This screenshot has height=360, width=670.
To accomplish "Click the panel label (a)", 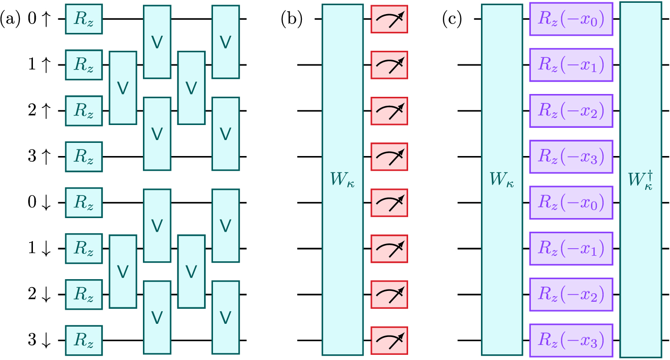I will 10,19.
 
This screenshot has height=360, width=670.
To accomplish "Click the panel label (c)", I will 452,19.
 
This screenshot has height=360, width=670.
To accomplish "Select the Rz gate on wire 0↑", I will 84,19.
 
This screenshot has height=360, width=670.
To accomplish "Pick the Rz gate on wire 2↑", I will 84,111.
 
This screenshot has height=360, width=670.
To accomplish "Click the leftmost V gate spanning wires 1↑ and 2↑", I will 123,88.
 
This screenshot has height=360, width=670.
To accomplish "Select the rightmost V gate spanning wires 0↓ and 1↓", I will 226,226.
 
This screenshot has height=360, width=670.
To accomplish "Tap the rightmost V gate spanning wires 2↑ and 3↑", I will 226,134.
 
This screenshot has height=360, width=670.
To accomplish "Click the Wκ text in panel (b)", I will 342,180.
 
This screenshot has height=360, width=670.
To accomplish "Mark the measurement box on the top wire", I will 389,19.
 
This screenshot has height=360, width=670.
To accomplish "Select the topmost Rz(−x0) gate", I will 571,19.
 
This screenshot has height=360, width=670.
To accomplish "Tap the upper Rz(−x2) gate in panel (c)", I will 571,111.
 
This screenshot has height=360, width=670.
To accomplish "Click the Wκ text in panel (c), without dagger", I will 502,180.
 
